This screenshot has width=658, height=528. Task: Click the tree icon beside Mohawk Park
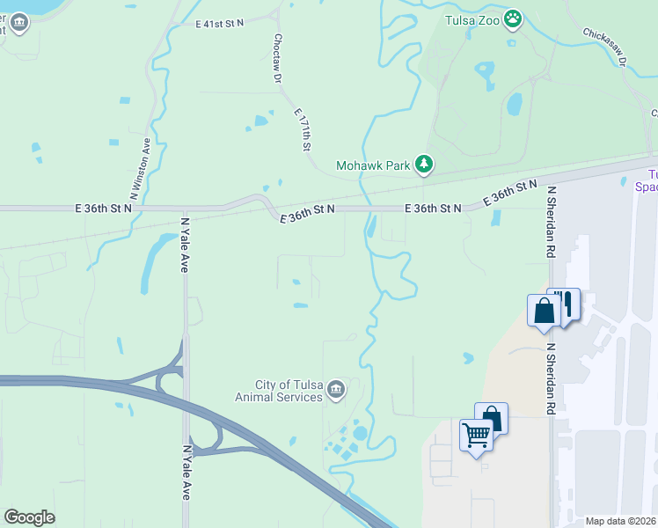tap(424, 164)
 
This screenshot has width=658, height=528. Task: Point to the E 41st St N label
tap(220, 26)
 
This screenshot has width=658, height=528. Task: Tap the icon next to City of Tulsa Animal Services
tap(335, 389)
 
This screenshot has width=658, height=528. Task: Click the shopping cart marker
tap(476, 434)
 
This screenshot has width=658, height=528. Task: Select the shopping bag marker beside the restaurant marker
tap(544, 310)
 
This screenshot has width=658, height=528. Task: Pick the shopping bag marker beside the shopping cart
tap(492, 417)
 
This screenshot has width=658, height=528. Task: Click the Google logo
tap(29, 517)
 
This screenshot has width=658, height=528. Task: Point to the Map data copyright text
tap(621, 521)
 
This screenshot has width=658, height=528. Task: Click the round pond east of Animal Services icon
tap(360, 433)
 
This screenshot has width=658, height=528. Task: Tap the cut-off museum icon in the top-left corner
tap(19, 24)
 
